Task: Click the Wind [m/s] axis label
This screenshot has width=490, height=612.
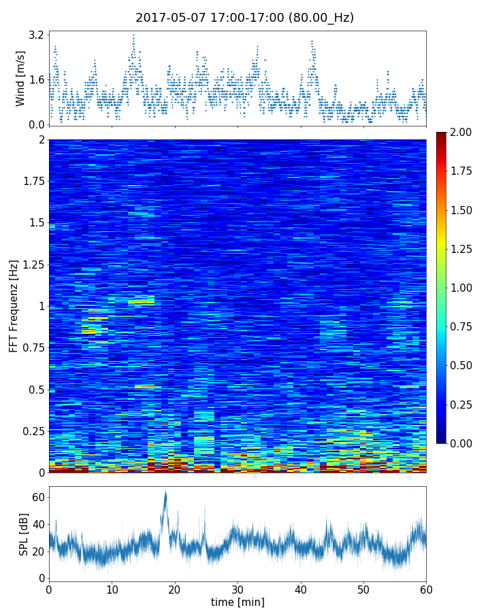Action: pos(20,78)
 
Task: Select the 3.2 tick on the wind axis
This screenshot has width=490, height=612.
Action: pos(37,34)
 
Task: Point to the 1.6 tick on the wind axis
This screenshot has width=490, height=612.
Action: pos(37,80)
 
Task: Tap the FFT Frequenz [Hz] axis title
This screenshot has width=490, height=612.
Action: pos(14,305)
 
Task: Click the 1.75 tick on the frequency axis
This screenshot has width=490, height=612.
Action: pos(31,181)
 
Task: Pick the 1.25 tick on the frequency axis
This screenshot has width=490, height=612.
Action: pos(31,264)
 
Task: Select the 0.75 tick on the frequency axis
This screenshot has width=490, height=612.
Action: pos(31,347)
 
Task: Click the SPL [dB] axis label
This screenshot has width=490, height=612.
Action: pos(24,534)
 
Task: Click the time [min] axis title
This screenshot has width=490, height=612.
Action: pos(238,602)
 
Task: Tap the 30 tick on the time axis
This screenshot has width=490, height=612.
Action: pos(238,589)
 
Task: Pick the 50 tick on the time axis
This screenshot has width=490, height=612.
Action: pos(363,589)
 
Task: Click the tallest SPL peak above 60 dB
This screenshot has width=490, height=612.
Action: pos(165,492)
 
